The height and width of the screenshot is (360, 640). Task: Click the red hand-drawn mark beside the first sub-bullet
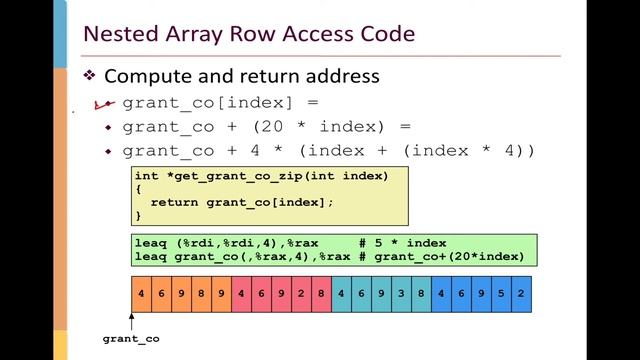click(x=101, y=103)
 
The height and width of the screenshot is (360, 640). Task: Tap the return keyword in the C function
click(x=173, y=201)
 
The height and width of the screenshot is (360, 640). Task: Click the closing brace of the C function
click(x=139, y=214)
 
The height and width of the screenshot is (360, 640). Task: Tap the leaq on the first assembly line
click(x=150, y=243)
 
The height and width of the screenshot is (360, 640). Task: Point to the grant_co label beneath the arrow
click(x=131, y=339)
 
